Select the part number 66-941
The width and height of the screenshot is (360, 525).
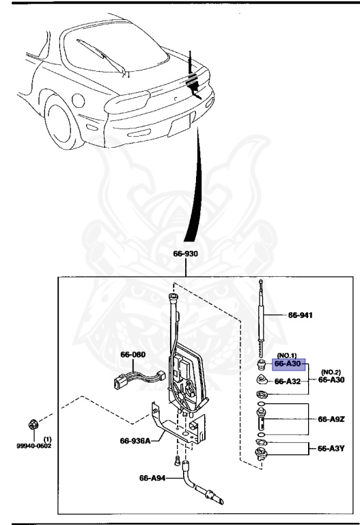(299, 316)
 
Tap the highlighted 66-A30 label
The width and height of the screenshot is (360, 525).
(289, 364)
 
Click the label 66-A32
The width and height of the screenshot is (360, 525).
(288, 381)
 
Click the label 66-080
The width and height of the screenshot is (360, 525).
(134, 355)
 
